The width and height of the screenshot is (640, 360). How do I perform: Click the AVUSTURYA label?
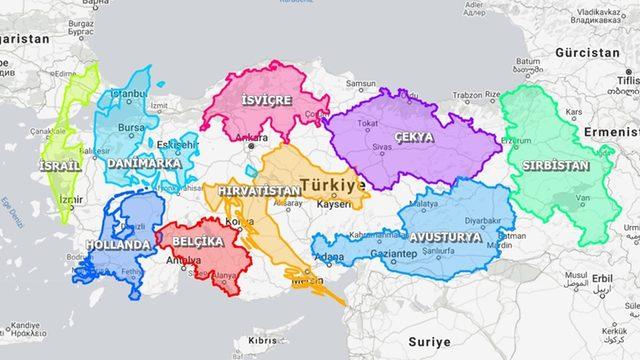tap(446, 237)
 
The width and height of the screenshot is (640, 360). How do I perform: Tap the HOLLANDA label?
tap(118, 245)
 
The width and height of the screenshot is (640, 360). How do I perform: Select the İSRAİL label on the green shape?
tap(60, 165)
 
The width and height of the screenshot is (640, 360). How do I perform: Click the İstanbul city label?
tap(128, 93)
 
